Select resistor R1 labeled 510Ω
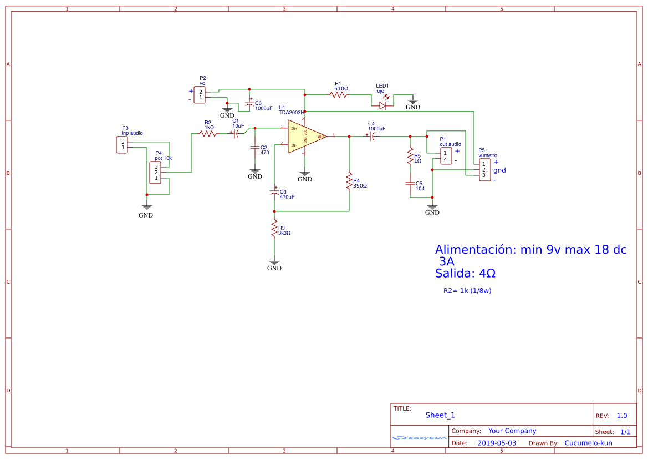pyautogui.click(x=339, y=95)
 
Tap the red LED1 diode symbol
pyautogui.click(x=382, y=105)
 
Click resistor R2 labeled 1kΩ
pyautogui.click(x=208, y=133)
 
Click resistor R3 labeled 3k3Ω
pyautogui.click(x=274, y=228)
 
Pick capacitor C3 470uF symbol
pyautogui.click(x=274, y=193)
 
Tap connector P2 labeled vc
pyautogui.click(x=200, y=94)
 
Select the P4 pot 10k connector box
pyautogui.click(x=156, y=173)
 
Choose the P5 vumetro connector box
pyautogui.click(x=483, y=169)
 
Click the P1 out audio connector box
pyautogui.click(x=445, y=156)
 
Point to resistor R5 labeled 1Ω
pyautogui.click(x=410, y=156)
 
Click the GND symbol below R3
pyautogui.click(x=274, y=263)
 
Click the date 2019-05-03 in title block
pyautogui.click(x=496, y=443)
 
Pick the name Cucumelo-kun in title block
pyautogui.click(x=588, y=443)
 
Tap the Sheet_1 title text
pyautogui.click(x=440, y=415)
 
